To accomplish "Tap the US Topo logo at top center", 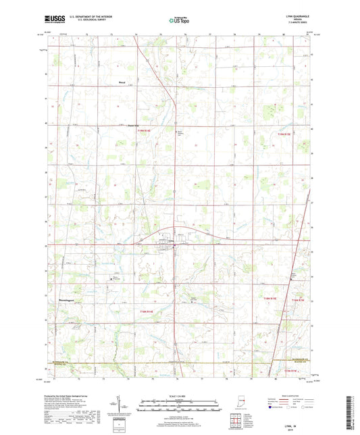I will coord(175,21).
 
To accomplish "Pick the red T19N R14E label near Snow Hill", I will coord(146,131).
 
